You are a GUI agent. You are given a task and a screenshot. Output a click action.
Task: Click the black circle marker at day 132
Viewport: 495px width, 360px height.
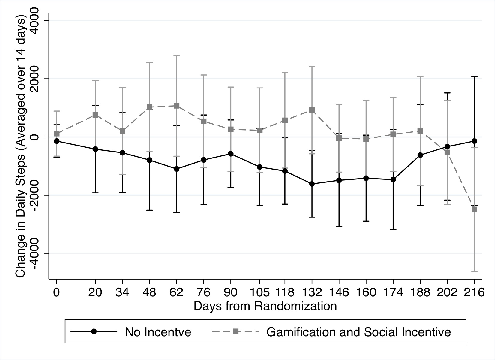(x=312, y=184)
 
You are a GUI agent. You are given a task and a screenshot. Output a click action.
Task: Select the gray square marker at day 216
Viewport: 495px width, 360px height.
(x=474, y=209)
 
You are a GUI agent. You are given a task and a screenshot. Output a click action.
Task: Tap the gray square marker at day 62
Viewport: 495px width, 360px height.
(x=176, y=106)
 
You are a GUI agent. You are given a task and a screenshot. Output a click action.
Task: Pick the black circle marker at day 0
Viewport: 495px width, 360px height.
(x=57, y=141)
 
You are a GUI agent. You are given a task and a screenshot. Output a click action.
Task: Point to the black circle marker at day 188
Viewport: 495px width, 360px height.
(x=420, y=155)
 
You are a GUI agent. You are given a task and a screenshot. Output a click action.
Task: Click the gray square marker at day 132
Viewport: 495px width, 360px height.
(x=312, y=110)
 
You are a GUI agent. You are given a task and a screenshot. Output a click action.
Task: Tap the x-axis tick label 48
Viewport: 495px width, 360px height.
(x=149, y=292)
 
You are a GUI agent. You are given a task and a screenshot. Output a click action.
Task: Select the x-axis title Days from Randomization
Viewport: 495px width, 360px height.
(x=265, y=306)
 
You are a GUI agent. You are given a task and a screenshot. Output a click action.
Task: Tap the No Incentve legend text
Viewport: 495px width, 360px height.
(x=158, y=332)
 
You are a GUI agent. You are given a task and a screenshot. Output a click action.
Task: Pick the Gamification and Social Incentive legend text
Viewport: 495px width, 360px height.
(x=358, y=332)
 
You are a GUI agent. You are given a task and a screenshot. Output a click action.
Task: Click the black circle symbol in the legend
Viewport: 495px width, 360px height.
(x=94, y=331)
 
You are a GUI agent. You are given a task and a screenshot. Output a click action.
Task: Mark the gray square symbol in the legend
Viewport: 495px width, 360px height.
(x=236, y=331)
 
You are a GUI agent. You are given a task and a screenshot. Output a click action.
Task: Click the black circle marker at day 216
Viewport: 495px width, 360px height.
(x=474, y=141)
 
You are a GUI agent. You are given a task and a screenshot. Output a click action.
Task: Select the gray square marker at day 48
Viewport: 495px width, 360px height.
(x=149, y=107)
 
